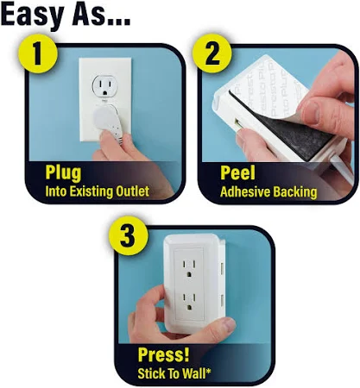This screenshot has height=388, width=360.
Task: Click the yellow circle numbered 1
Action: click(38, 53)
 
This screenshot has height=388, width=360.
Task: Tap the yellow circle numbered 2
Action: click(212, 53)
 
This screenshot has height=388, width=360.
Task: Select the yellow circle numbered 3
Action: click(129, 235)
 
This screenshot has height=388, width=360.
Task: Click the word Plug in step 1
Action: click(63, 173)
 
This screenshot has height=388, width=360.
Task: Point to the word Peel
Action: click(237, 173)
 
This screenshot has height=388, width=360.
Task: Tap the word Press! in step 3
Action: click(164, 354)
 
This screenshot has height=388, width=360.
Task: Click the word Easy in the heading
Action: click(33, 15)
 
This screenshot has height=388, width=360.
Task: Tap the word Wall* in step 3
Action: click(197, 373)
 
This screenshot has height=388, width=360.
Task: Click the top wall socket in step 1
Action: click(105, 85)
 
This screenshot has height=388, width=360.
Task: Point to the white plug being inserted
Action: click(108, 122)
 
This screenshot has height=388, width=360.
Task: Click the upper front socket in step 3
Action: click(189, 268)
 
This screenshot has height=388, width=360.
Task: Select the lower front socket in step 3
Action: click(189, 302)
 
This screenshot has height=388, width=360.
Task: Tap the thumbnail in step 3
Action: click(229, 324)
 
